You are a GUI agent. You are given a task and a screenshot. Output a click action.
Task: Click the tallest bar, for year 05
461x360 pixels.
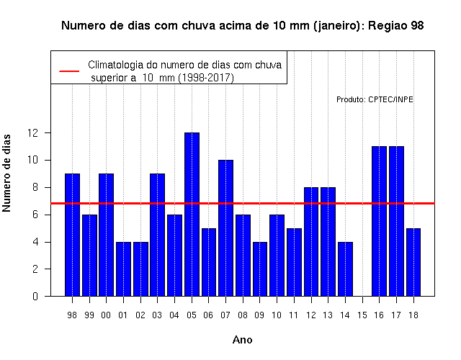[192, 215]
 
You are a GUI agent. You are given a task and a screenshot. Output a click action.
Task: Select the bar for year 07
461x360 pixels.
[225, 228]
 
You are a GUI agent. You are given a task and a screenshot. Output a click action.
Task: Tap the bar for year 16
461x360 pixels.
[380, 221]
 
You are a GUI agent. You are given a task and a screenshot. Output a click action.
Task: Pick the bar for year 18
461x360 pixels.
[413, 262]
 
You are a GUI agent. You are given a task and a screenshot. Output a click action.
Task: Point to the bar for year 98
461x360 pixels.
[72, 235]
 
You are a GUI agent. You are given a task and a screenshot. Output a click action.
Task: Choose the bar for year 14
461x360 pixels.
[345, 269]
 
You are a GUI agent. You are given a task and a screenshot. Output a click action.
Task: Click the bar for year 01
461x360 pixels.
[123, 269]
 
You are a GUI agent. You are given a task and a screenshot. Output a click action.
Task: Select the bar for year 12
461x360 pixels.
[311, 242]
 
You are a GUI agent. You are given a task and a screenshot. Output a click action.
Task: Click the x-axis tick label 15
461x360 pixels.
[362, 315]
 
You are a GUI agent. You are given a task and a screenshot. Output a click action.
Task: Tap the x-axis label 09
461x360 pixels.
[259, 315]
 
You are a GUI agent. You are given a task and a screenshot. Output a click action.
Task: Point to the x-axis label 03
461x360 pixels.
[157, 315]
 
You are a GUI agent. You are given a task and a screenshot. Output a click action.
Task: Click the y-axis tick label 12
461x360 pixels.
[33, 132]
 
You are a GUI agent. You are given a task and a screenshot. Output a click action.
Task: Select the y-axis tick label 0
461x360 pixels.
[35, 296]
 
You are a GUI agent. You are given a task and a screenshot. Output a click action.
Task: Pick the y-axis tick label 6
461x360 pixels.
[35, 215]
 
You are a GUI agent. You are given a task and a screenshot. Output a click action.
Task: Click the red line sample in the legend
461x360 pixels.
[69, 71]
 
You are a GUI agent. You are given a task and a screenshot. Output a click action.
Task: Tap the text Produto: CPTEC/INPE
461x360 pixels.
[375, 99]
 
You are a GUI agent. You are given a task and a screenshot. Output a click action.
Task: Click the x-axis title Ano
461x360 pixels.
[242, 340]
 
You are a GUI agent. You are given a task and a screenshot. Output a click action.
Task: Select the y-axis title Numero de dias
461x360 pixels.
[6, 173]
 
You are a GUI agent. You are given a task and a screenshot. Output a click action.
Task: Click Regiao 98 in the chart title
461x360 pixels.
[395, 26]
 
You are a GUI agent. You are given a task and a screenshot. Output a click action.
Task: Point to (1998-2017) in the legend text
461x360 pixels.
[206, 78]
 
